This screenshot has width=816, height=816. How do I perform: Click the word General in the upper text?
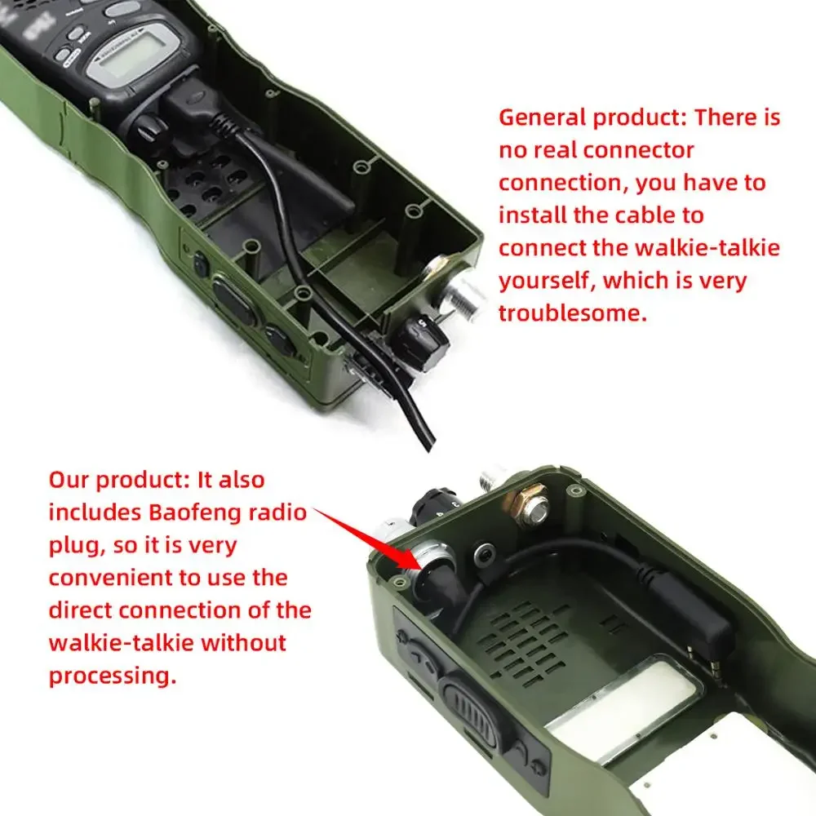(543, 118)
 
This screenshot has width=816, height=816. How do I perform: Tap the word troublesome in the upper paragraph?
(573, 313)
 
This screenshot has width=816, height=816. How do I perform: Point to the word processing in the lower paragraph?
(113, 676)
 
